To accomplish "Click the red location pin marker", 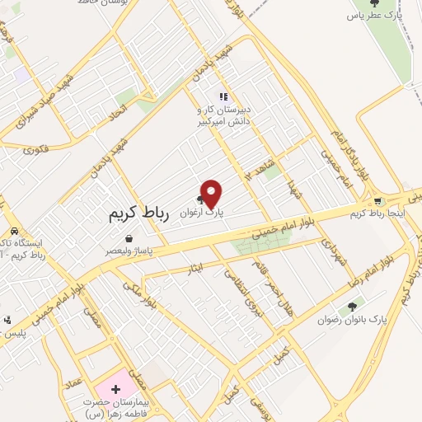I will [x=212, y=194].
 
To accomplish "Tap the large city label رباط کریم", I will [x=138, y=213].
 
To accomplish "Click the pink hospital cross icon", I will [x=115, y=387].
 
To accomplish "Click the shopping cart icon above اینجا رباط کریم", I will [x=377, y=201].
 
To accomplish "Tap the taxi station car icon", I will [x=14, y=232].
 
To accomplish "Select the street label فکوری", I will [x=37, y=150].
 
